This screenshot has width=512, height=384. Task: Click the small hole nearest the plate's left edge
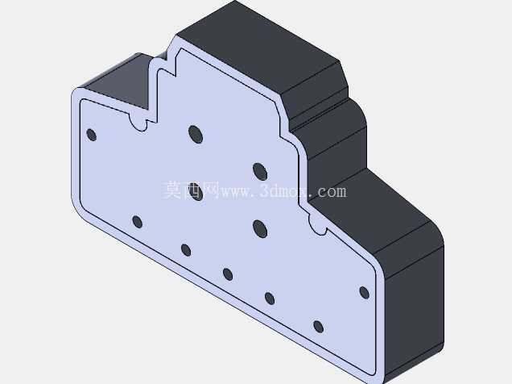coord(92,135)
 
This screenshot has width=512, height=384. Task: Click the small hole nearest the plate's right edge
coord(364,292)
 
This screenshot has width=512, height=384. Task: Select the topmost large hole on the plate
coord(196,134)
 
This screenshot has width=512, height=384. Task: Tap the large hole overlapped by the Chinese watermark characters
coord(196,192)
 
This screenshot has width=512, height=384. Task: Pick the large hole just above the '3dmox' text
coord(260,172)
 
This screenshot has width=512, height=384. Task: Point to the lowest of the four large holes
coord(260,228)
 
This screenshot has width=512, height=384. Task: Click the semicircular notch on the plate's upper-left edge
coord(138,122)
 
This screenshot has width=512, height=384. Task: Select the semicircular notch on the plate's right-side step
coord(317,225)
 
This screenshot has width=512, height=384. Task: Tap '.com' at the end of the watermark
coord(328,191)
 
